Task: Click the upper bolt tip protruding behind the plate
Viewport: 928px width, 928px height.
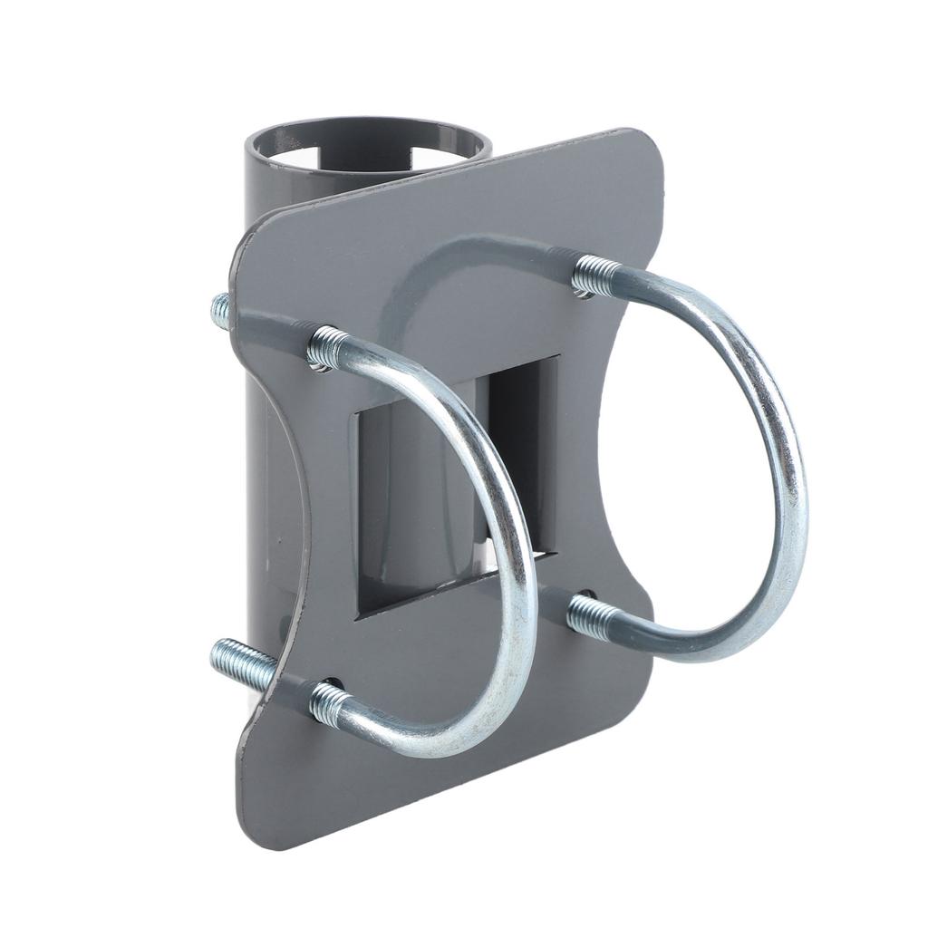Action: click(221, 310)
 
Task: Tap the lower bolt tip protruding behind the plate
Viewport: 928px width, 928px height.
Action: click(237, 662)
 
